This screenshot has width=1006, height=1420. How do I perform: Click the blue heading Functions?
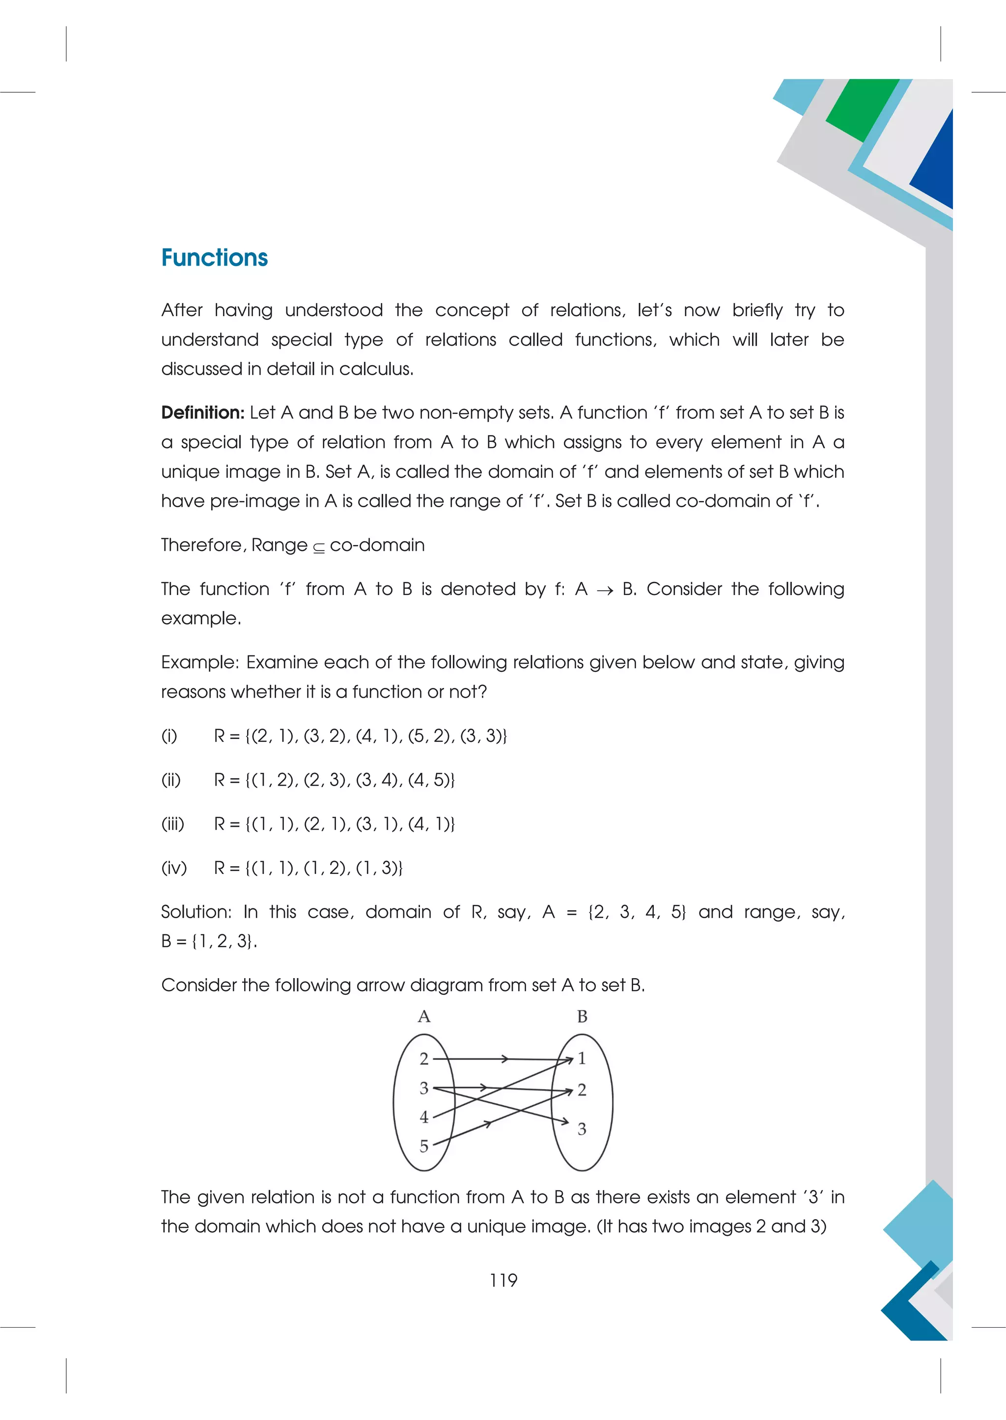click(x=214, y=258)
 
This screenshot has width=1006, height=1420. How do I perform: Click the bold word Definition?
click(x=202, y=412)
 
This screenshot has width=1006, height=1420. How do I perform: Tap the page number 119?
click(x=503, y=1280)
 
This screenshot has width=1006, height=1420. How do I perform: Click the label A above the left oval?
click(x=424, y=1016)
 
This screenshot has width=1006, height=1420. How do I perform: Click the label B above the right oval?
click(x=582, y=1016)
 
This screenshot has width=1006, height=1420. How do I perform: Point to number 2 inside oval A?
click(x=424, y=1059)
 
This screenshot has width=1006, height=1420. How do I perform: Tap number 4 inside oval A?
click(x=424, y=1117)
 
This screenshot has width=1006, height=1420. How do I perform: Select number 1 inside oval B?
click(x=582, y=1058)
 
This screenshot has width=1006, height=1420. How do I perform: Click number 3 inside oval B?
click(x=582, y=1129)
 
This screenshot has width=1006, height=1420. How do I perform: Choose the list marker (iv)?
click(x=173, y=868)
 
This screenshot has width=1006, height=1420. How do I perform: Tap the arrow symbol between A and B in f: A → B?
click(x=605, y=590)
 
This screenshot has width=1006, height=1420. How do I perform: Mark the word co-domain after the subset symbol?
click(x=377, y=545)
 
